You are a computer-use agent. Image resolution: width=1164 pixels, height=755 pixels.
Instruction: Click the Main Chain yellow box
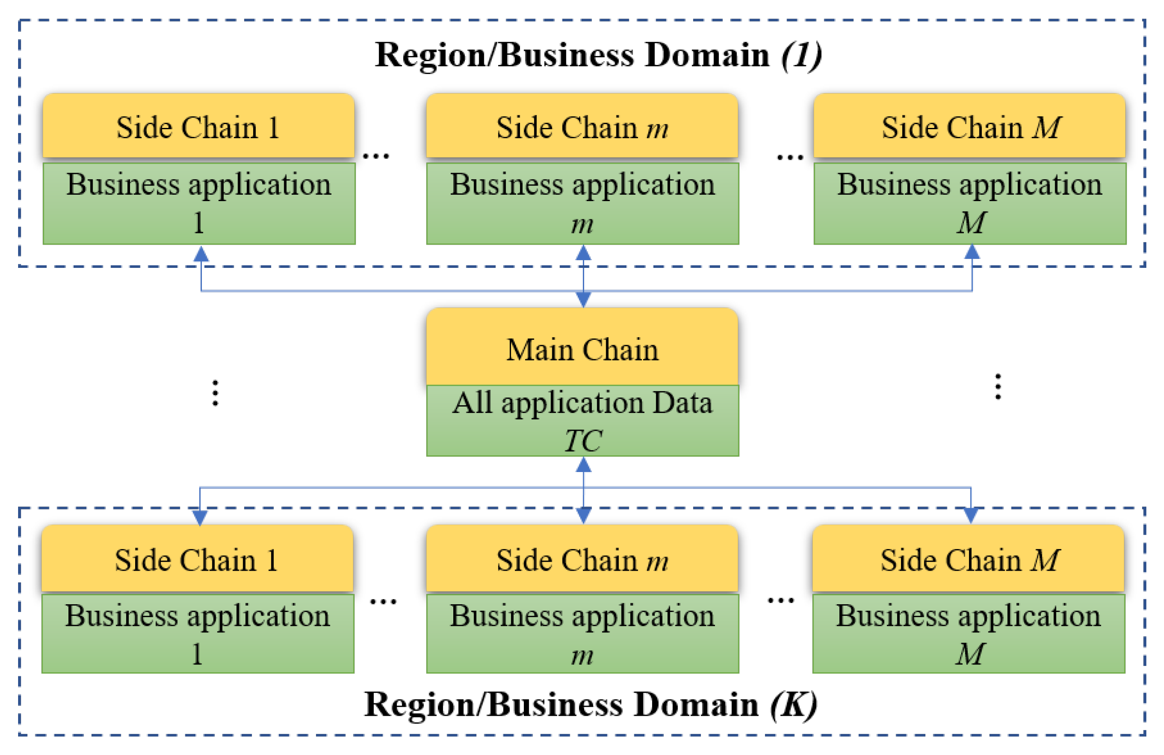tap(582, 348)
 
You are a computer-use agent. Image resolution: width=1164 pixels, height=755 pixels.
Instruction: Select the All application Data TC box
tap(582, 421)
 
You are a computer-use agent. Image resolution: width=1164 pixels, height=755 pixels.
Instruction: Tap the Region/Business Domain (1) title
tap(597, 55)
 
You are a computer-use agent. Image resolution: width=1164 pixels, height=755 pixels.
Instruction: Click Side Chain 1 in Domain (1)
tap(198, 126)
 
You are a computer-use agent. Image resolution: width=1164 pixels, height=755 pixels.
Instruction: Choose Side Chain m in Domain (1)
tap(582, 126)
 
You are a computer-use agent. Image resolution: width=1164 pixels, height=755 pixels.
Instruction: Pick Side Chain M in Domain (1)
tap(969, 126)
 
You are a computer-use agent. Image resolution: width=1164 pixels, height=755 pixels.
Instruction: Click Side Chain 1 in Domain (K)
tap(197, 559)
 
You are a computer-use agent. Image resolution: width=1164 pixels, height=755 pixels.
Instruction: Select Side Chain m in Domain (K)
tap(582, 559)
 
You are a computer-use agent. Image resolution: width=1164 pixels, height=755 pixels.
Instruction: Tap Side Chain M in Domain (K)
tap(969, 559)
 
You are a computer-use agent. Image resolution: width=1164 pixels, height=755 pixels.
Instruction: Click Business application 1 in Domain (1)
tap(199, 203)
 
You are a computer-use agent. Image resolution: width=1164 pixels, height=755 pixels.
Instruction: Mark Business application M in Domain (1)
tap(970, 203)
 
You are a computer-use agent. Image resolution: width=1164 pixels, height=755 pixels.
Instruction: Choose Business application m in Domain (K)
tap(582, 633)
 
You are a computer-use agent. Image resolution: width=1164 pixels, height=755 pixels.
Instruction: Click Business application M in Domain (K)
tap(969, 633)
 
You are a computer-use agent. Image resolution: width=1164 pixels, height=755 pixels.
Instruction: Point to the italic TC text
tap(583, 440)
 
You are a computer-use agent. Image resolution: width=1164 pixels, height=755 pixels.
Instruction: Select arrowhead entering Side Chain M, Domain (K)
tap(970, 515)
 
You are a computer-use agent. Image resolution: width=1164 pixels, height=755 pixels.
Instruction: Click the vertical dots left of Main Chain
tap(215, 392)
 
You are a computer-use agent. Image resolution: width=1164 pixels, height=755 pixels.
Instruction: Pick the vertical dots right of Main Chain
tap(998, 387)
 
